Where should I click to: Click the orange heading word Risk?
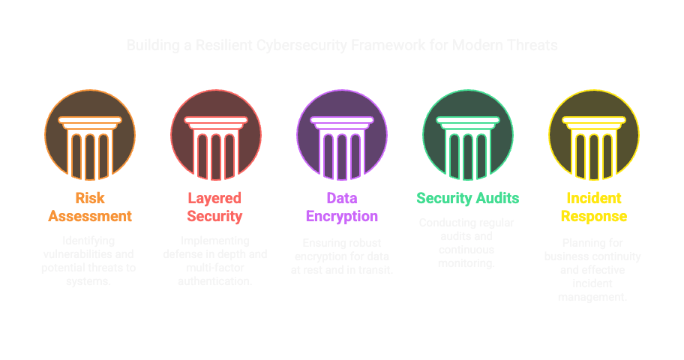tap(90, 198)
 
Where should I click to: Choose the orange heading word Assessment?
tap(90, 217)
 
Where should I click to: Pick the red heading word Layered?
tap(214, 198)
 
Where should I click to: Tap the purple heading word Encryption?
tap(342, 217)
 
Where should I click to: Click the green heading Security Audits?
tap(468, 198)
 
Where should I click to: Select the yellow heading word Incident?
tap(594, 198)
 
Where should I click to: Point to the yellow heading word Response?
tap(594, 217)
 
